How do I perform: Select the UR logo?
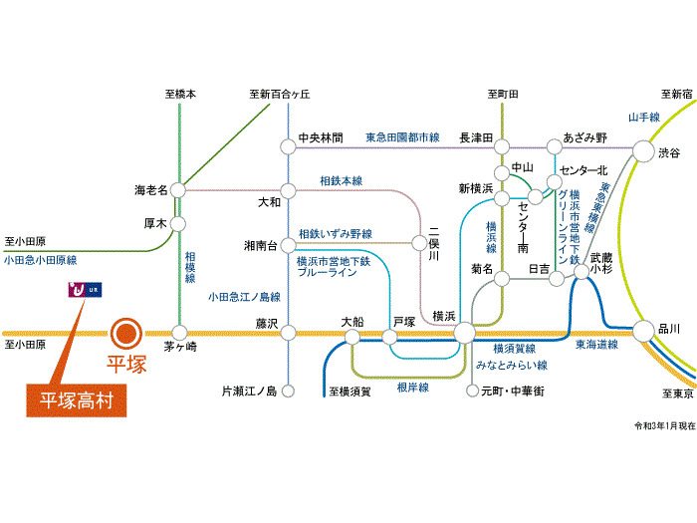(x=84, y=292)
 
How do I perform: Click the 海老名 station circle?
(x=179, y=188)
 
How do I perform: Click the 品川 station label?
(x=669, y=328)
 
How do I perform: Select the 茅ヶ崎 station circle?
(x=179, y=333)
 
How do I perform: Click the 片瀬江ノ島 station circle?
(x=287, y=391)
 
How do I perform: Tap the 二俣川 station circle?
(x=419, y=241)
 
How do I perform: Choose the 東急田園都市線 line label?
(x=402, y=137)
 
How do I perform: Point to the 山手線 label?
(x=643, y=118)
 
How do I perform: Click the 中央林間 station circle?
(x=287, y=146)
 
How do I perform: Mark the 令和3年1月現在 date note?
(x=661, y=425)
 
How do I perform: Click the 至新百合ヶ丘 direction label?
(x=280, y=94)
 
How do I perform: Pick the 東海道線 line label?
(x=596, y=345)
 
